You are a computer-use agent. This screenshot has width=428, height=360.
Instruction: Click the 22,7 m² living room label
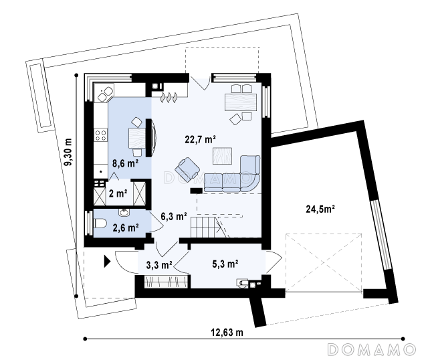[201, 140]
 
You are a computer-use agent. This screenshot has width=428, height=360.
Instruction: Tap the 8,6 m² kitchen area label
[126, 163]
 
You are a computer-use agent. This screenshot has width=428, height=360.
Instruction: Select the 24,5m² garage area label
[320, 209]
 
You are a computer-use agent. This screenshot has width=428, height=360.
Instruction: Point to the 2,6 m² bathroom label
[126, 228]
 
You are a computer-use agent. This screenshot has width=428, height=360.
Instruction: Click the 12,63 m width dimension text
[227, 333]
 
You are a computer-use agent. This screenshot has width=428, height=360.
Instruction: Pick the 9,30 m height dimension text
[68, 152]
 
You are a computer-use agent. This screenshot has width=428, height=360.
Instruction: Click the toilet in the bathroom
[100, 224]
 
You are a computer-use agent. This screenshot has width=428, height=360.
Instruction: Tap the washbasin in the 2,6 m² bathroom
[124, 211]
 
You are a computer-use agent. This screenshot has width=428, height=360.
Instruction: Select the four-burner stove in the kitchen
[100, 135]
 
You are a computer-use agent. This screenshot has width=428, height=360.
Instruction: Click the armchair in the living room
[187, 169]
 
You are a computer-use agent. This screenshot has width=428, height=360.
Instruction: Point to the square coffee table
[222, 156]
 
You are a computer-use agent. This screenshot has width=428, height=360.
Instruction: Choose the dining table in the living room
[241, 102]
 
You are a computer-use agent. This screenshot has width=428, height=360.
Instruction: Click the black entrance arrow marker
[107, 262]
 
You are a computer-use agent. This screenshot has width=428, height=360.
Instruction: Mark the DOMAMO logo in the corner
[371, 349]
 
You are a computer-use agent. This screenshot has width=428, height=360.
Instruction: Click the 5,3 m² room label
[225, 264]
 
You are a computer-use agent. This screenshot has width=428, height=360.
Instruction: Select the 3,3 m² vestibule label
[159, 265]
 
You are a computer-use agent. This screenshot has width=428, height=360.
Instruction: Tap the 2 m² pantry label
[118, 193]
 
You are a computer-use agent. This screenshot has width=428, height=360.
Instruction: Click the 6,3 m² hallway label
[174, 216]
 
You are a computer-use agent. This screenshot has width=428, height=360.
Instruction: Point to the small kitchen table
[136, 139]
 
